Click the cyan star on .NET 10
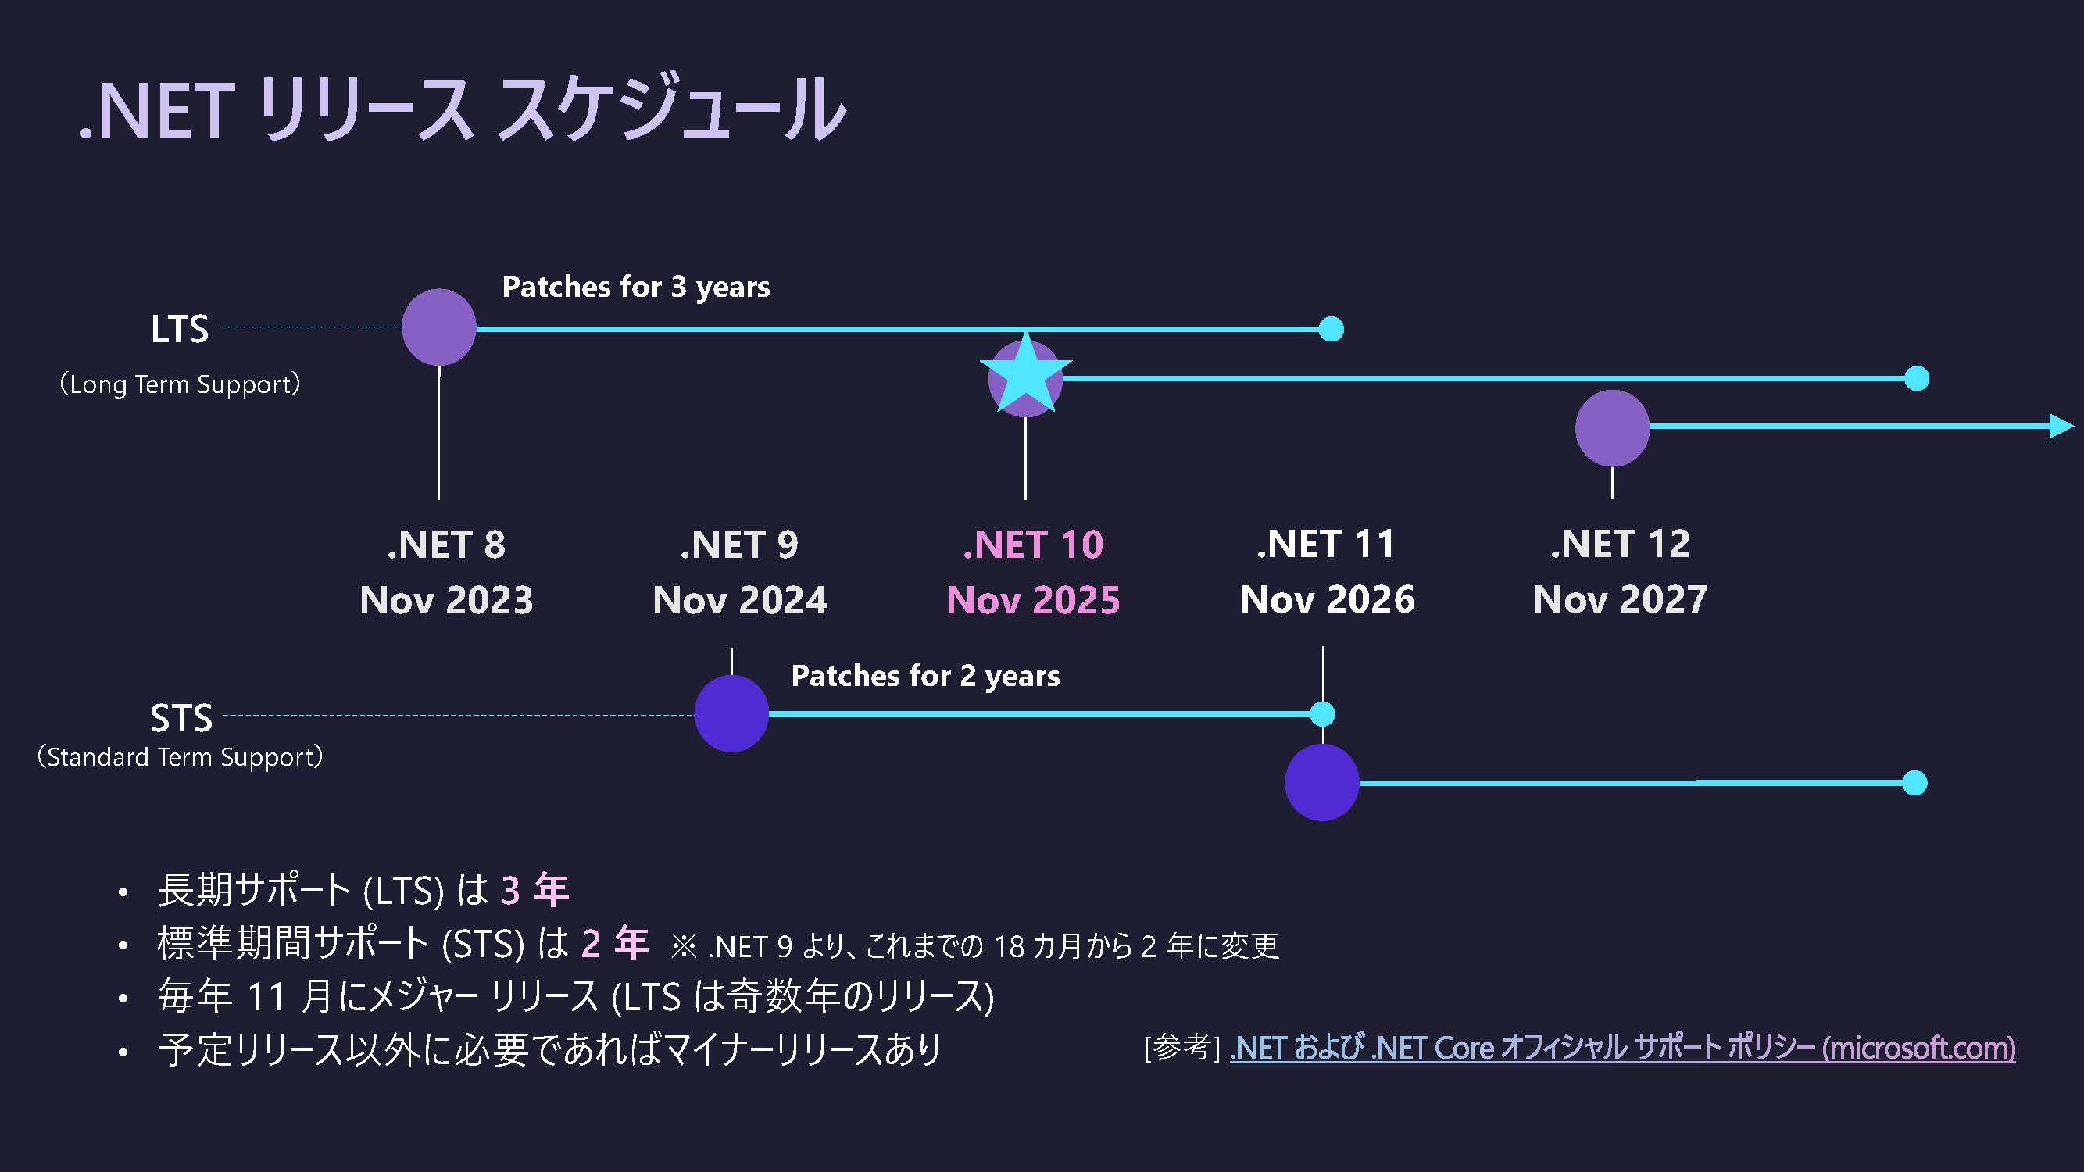(1025, 375)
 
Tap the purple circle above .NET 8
(438, 327)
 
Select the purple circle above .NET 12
(1611, 428)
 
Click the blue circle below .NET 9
(731, 713)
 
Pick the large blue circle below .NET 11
(1322, 782)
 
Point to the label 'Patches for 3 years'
(636, 287)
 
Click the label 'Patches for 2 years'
(924, 676)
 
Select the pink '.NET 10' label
(1033, 545)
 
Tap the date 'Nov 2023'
(447, 600)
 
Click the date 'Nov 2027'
(1621, 600)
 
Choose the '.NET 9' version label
(739, 545)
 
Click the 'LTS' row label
(180, 329)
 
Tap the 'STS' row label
(181, 717)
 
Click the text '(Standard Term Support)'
(180, 757)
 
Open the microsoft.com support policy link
(1622, 1049)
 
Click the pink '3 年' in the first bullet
(534, 890)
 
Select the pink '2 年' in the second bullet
(615, 943)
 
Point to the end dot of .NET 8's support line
(1331, 329)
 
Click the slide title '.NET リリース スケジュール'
(463, 109)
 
